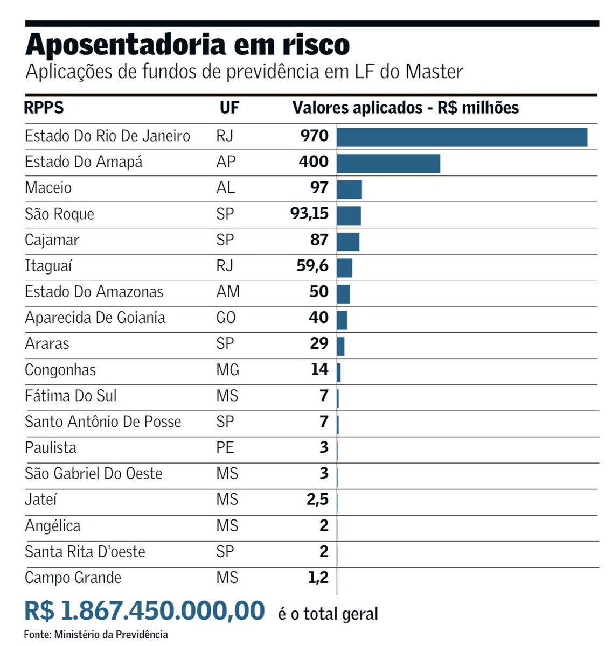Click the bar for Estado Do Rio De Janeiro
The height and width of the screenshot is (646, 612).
462,137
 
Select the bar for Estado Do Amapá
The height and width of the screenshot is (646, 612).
388,163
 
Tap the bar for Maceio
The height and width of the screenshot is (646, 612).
349,189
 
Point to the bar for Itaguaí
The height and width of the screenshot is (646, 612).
344,268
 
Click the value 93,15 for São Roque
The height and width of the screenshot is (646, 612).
309,214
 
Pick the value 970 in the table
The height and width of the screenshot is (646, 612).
314,136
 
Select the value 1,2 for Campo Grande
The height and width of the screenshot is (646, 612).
318,578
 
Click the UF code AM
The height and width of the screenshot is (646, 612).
228,292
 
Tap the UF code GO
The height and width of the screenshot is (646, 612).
226,318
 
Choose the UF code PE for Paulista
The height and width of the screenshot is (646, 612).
225,448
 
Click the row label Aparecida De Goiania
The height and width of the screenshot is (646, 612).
95,318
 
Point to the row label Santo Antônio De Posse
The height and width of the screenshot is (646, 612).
103,422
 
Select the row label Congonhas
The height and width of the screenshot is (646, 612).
60,370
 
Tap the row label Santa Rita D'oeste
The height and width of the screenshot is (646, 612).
85,552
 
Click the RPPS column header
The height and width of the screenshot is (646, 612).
44,108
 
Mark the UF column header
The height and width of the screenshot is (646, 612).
229,108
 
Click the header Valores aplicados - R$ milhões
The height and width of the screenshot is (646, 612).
405,108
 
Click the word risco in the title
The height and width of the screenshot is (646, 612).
316,44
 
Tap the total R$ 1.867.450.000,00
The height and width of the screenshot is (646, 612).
144,611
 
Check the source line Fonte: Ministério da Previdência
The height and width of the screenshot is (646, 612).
96,635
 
